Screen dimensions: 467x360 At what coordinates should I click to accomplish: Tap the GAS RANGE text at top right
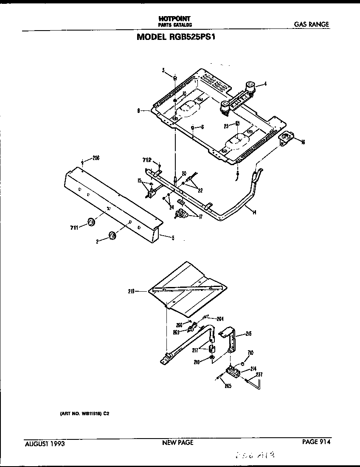(x=311, y=24)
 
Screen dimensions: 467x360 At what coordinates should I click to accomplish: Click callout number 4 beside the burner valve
(x=265, y=84)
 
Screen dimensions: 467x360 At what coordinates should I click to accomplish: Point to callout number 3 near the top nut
(x=163, y=70)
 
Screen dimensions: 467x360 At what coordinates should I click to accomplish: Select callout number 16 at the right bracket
(x=303, y=142)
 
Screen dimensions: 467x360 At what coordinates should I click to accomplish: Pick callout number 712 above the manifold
(x=147, y=160)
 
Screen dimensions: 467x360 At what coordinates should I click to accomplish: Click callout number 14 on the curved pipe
(x=253, y=212)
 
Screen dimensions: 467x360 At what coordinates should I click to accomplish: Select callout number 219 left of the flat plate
(x=131, y=291)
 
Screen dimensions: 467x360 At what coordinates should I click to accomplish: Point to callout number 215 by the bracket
(x=248, y=334)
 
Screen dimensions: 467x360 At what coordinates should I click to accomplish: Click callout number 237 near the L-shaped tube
(x=259, y=374)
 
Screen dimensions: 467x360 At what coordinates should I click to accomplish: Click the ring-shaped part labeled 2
(x=112, y=236)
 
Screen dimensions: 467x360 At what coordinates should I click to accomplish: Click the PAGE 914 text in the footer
(x=316, y=442)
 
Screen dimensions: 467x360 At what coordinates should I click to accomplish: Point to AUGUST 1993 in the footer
(x=45, y=444)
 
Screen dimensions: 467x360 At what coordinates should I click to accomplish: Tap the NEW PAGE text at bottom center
(x=177, y=442)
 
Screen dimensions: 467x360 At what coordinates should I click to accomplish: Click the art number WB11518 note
(x=85, y=412)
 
